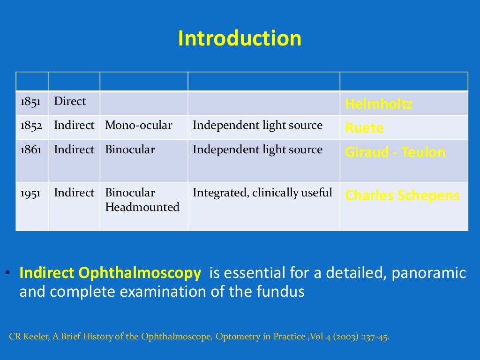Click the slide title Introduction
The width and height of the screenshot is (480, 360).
pos(240,38)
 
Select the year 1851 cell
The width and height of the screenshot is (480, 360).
pos(31,102)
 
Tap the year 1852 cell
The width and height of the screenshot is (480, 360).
pos(31,126)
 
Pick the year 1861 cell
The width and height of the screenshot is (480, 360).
pos(31,150)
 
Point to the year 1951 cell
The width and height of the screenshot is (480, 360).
pos(31,193)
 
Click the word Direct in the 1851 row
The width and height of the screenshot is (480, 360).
pos(70,101)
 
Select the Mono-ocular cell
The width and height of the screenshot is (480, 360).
pos(139,126)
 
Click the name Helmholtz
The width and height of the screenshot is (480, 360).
pos(378,104)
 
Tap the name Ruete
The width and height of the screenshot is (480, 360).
pos(364,128)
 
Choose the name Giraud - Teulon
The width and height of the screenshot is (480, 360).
pos(395,152)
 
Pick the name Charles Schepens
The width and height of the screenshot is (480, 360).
pos(402,195)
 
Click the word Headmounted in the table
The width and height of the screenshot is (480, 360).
pos(142,207)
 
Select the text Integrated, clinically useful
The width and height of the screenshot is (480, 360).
pos(262,193)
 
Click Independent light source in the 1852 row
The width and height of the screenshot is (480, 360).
pos(257,126)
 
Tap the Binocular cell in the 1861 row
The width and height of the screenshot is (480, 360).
pos(130,150)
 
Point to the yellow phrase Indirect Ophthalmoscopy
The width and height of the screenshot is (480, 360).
pos(110,273)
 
